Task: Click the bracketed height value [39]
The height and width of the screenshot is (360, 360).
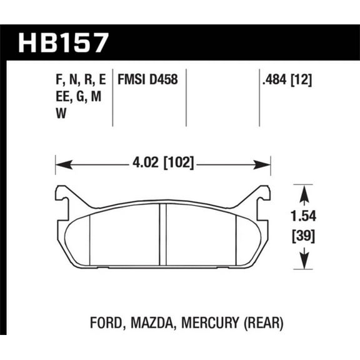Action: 304,236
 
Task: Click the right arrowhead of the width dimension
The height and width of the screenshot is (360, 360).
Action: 267,166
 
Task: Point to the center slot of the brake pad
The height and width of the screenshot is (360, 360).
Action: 162,234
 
